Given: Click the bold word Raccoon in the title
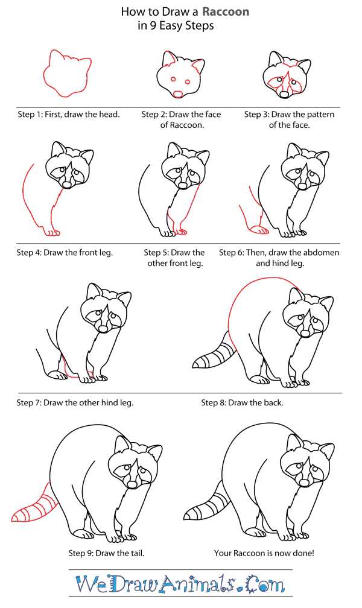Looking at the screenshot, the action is pos(226,11).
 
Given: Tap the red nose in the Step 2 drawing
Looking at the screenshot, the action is pos(178,94).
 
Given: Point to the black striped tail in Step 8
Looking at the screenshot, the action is pos(214,352).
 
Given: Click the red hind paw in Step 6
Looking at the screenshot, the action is pos(258,230).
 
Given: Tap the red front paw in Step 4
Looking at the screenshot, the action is pos(51,232).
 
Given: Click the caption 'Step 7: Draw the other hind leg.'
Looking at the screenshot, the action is pos(75,402).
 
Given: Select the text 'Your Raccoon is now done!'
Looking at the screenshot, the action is pos(264,553).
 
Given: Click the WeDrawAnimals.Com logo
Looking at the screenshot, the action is pos(180,584).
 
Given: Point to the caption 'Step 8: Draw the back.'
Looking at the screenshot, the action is pos(242,402).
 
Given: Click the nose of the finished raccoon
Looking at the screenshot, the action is pos(304,483).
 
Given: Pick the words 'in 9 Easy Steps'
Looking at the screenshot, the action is pos(176,26).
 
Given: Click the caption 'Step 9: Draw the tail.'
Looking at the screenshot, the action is pos(106,553).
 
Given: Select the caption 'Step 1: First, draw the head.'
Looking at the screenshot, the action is pos(69,115).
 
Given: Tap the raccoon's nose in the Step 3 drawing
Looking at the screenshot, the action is pos(285,94).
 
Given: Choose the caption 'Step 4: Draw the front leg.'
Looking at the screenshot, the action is pos(65,252).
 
